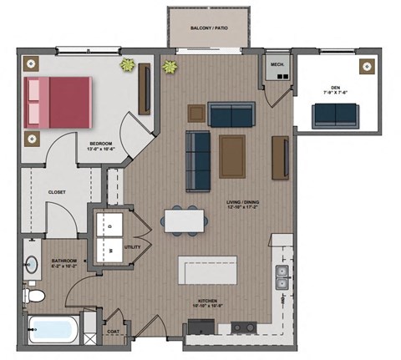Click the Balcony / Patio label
208,28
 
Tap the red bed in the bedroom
58,101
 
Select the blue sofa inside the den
334,115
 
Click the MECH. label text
276,63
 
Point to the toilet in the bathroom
35,295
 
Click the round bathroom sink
32,266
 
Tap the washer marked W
110,249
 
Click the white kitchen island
207,271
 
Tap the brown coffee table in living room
232,155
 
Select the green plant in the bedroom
129,64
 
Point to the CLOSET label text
57,192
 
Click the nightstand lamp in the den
365,66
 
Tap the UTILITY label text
132,248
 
